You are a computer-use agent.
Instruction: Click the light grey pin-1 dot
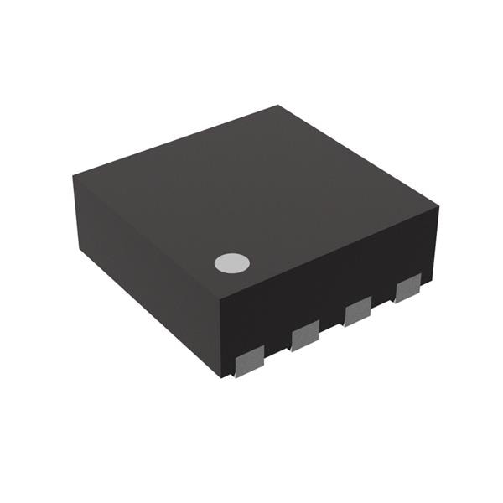[x=232, y=263]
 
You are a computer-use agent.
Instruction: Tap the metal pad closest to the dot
[x=249, y=362]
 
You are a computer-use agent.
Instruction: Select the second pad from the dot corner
[x=305, y=338]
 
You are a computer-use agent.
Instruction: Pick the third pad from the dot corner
[x=358, y=312]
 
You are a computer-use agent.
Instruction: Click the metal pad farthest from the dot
[x=407, y=288]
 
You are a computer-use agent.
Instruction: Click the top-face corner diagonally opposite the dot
[x=278, y=106]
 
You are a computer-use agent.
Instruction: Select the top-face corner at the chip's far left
[x=73, y=174]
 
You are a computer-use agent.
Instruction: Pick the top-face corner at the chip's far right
[x=438, y=202]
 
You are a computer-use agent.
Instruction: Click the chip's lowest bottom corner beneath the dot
[x=222, y=376]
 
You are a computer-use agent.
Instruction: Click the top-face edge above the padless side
[x=146, y=237]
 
